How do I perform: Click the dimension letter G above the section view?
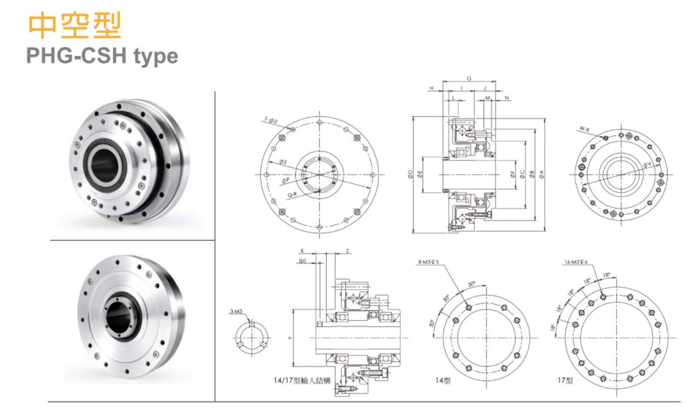(469, 78)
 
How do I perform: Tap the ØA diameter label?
(542, 174)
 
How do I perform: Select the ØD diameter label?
(410, 174)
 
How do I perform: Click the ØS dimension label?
(283, 162)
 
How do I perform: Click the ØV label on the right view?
(647, 164)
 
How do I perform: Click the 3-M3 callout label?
(236, 311)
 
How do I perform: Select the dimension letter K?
(301, 251)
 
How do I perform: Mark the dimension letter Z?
(348, 251)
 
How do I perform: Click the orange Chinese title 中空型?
(74, 26)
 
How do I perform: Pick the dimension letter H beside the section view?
(432, 88)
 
